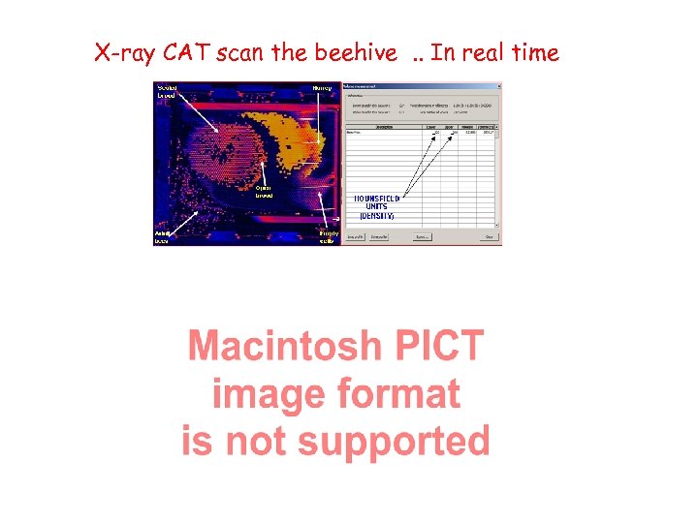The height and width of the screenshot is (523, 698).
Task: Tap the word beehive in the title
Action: [355, 53]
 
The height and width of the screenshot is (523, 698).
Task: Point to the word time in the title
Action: [535, 53]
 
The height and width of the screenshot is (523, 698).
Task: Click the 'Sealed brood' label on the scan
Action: [168, 92]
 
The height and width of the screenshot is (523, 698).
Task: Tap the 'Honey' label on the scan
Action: [322, 88]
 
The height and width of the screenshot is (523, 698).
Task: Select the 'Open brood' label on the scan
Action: [264, 191]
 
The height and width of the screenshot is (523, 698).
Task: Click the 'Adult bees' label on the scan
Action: [164, 237]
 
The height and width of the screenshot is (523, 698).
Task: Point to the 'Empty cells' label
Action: [330, 237]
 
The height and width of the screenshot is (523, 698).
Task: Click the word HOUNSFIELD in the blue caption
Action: [377, 199]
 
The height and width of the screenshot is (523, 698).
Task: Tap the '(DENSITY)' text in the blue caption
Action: [376, 216]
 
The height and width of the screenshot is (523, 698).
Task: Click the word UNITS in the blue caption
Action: [376, 207]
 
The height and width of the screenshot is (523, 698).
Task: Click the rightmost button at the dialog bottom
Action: [490, 236]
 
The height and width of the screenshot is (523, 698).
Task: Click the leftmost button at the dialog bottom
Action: [357, 236]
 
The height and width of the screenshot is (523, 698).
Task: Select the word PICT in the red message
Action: [437, 346]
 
